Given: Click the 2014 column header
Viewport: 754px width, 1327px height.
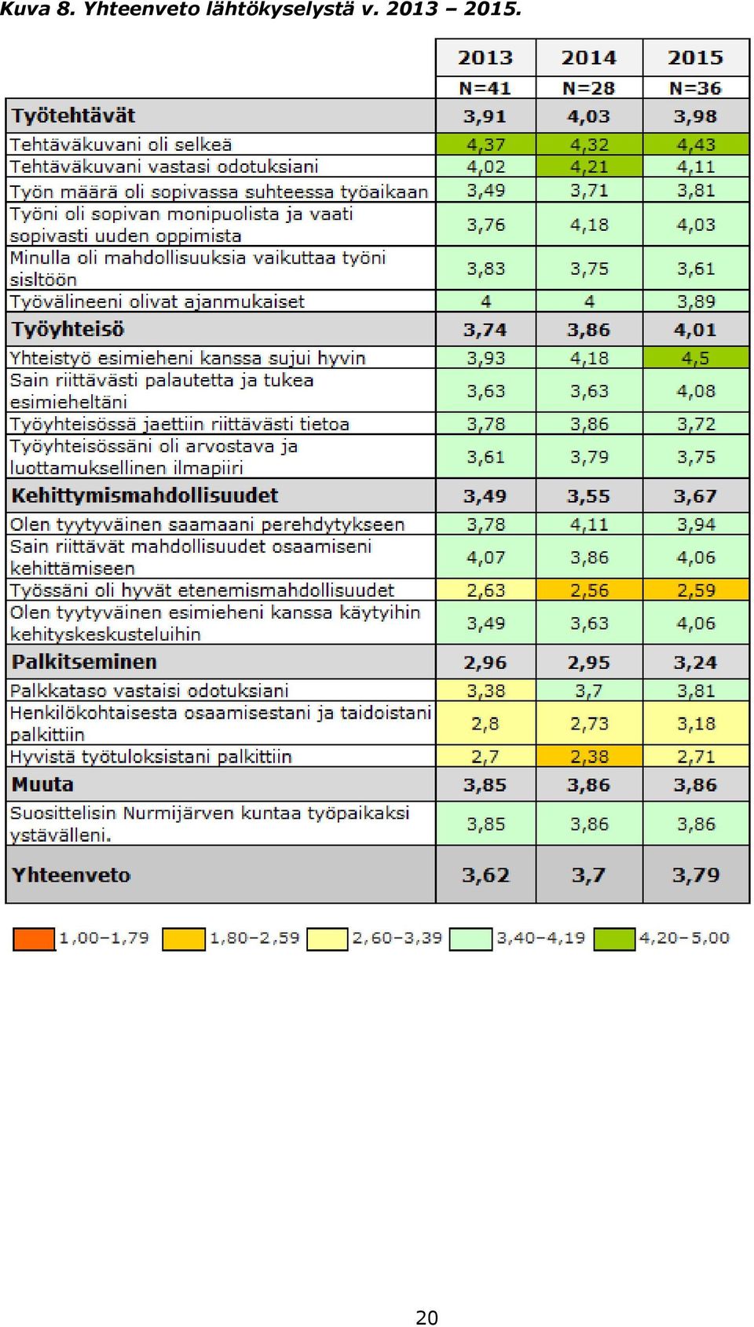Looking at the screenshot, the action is pyautogui.click(x=588, y=57).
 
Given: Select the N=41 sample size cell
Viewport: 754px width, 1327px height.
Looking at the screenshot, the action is pyautogui.click(x=485, y=88).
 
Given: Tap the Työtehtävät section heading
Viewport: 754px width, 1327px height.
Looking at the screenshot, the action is pyautogui.click(x=74, y=115).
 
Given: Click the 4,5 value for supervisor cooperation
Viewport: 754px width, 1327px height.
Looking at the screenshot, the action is pyautogui.click(x=696, y=358).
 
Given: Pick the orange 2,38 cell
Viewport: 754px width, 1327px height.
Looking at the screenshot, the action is pyautogui.click(x=589, y=756).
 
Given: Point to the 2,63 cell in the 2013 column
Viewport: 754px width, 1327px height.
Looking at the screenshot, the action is pyautogui.click(x=485, y=590).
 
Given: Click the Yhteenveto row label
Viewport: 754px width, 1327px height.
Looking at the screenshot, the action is pyautogui.click(x=71, y=875).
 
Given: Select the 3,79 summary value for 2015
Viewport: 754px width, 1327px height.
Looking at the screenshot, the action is pyautogui.click(x=696, y=875).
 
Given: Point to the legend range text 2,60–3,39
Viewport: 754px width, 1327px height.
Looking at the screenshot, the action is pyautogui.click(x=397, y=938).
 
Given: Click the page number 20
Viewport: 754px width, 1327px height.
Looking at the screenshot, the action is pyautogui.click(x=426, y=1317).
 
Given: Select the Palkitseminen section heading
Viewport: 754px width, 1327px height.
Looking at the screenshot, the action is pyautogui.click(x=84, y=662).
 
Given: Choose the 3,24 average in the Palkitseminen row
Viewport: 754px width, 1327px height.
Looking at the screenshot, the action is pyautogui.click(x=696, y=662).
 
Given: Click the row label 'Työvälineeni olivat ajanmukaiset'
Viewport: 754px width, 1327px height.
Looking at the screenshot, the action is pyautogui.click(x=157, y=302).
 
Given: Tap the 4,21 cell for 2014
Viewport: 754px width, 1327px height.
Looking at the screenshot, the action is pyautogui.click(x=589, y=166).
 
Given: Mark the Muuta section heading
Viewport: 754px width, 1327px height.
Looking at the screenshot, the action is pyautogui.click(x=42, y=784).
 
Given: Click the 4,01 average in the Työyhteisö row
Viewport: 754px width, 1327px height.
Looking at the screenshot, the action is pyautogui.click(x=696, y=330).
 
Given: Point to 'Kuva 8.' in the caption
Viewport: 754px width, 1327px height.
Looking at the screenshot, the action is pyautogui.click(x=38, y=9).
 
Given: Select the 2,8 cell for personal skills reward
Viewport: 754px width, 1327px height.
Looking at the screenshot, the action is pyautogui.click(x=485, y=723).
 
